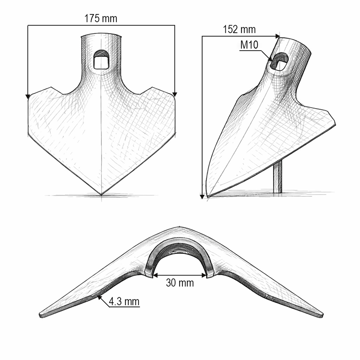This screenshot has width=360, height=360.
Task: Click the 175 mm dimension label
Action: tap(100, 19)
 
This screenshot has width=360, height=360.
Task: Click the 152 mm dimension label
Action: tap(239, 29)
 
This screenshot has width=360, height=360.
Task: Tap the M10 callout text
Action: tap(249, 45)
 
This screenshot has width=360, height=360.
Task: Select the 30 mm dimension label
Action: tap(180, 283)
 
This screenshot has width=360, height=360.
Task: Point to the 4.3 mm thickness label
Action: tap(124, 301)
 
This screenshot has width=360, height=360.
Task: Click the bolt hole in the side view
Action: tap(280, 62)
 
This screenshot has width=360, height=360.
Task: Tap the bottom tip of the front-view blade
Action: tap(101, 195)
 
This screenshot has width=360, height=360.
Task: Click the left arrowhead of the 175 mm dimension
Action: tap(28, 96)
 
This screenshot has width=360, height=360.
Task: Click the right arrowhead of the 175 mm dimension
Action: tap(175, 94)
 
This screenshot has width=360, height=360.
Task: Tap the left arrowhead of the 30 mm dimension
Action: tap(154, 275)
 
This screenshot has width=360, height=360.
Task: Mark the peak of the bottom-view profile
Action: tap(179, 227)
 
